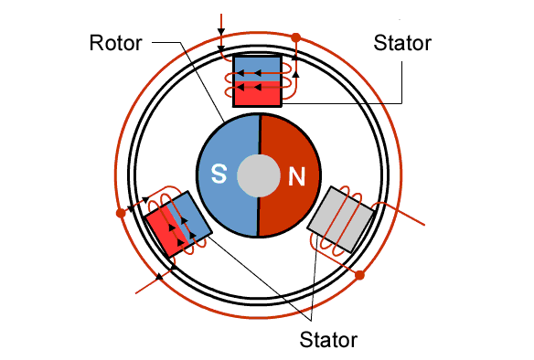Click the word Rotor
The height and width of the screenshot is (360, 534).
tap(115, 43)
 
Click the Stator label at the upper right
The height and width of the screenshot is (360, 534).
tap(402, 43)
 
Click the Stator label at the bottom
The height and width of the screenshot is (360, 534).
tap(328, 340)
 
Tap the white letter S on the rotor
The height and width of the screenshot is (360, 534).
tap(219, 174)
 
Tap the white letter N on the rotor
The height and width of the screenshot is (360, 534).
tap(296, 176)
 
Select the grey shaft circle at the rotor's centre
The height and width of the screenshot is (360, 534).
tap(259, 175)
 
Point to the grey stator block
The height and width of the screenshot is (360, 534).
tap(341, 219)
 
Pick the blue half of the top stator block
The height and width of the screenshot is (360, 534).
tap(258, 69)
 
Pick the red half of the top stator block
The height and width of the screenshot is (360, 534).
tap(258, 93)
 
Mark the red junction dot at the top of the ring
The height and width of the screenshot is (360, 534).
tap(296, 37)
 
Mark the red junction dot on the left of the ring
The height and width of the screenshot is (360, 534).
tap(121, 213)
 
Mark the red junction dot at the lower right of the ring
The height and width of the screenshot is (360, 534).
tap(359, 275)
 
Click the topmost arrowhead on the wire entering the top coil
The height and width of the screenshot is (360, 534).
tap(221, 32)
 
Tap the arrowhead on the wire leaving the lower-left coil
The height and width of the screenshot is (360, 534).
tap(159, 277)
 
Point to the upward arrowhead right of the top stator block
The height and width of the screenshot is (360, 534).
tap(296, 73)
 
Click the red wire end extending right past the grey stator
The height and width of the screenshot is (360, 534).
tap(405, 215)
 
